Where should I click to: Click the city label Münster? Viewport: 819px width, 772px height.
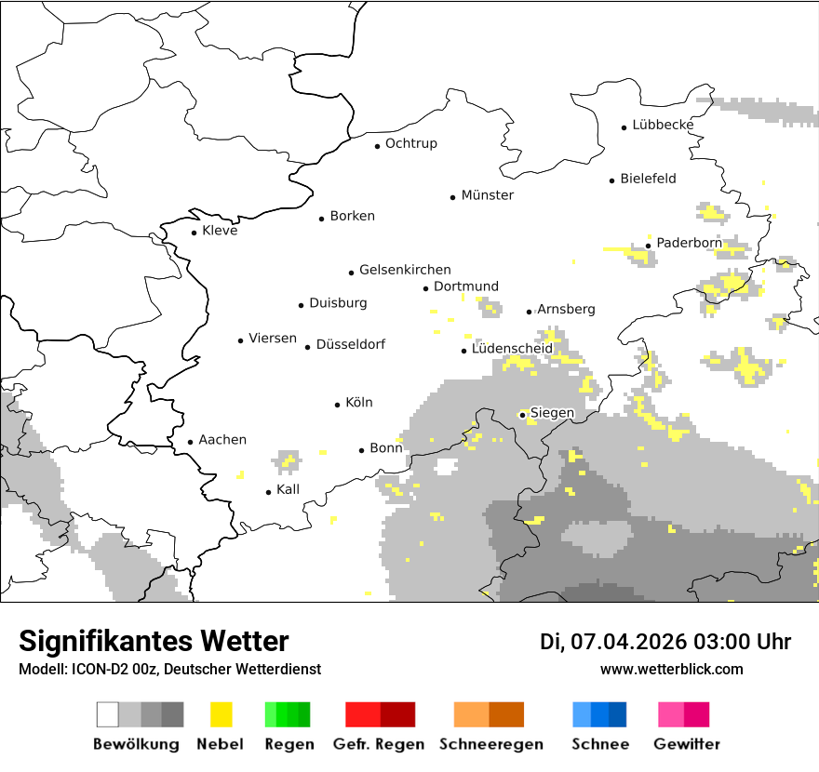pos(488,195)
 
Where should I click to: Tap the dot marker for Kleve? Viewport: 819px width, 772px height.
pos(194,233)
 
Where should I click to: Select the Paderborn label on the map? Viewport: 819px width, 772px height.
pos(689,243)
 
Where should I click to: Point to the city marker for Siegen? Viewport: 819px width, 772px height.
pos(523,415)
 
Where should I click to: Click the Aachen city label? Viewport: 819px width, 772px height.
pos(222,440)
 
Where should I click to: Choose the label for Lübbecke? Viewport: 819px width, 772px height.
pos(663,125)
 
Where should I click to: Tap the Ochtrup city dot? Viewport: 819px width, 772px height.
pos(377,145)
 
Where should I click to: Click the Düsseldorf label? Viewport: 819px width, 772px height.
pos(351,344)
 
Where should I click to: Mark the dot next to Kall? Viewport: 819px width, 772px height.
pos(269,492)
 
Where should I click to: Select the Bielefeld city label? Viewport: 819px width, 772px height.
pos(648,179)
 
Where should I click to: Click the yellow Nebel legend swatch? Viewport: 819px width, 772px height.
pos(222,714)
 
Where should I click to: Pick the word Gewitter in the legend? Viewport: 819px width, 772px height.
pos(687,744)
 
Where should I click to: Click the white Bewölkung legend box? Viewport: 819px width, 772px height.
pos(108,714)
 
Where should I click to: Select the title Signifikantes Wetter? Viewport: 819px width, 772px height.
pos(154,641)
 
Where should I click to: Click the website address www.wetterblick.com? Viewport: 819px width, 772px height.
pos(672,670)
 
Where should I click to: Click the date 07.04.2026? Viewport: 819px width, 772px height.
pos(628,642)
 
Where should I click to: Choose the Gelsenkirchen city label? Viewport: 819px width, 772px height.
pos(405,270)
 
